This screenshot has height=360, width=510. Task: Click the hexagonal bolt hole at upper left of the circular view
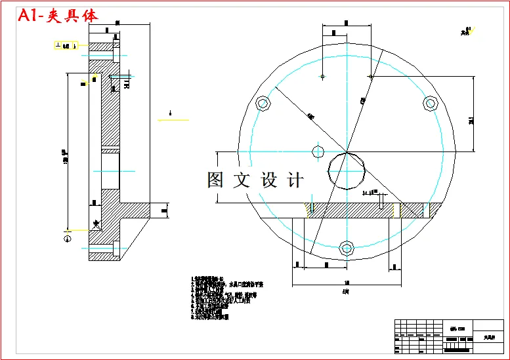pyautogui.click(x=264, y=104)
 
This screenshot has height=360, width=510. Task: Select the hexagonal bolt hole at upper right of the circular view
pyautogui.click(x=431, y=103)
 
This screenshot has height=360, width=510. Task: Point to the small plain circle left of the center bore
pyautogui.click(x=318, y=151)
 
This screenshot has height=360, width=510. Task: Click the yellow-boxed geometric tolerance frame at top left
pyautogui.click(x=66, y=46)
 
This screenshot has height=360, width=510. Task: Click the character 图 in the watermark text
pyautogui.click(x=217, y=180)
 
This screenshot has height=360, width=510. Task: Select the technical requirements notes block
pyautogui.click(x=226, y=298)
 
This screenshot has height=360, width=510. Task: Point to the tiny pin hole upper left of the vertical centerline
pyautogui.click(x=322, y=77)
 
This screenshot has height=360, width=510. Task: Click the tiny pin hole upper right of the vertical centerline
pyautogui.click(x=371, y=77)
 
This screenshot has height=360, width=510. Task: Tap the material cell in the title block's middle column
pyautogui.click(x=453, y=330)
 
